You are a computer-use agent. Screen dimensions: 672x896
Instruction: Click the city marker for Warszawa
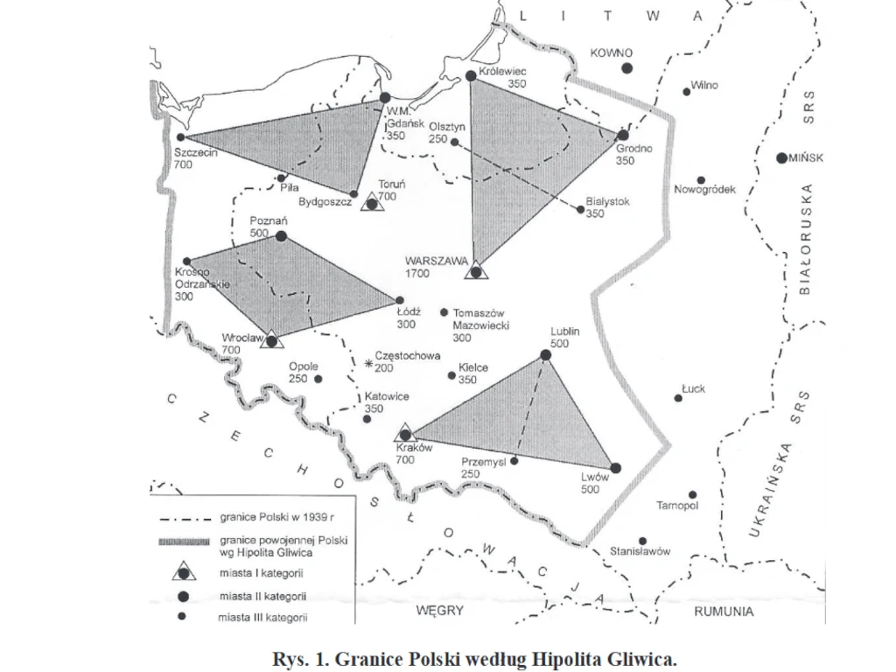click(475, 271)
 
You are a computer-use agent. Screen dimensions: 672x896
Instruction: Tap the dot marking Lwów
click(616, 467)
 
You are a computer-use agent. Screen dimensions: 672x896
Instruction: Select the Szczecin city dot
click(180, 137)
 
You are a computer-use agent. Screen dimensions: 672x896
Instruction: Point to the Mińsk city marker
click(782, 158)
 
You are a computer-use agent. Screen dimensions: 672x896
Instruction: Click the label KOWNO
click(611, 53)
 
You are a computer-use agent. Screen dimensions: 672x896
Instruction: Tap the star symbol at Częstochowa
click(368, 362)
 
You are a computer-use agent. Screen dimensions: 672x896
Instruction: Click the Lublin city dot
click(546, 354)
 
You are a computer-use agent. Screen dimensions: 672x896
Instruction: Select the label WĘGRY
click(439, 610)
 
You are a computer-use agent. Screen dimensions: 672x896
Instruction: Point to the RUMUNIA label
click(724, 612)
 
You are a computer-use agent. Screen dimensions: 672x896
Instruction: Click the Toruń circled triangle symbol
click(374, 204)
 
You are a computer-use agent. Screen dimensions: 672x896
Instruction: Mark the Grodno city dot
click(623, 136)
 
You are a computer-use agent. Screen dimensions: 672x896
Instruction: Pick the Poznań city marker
click(281, 236)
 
